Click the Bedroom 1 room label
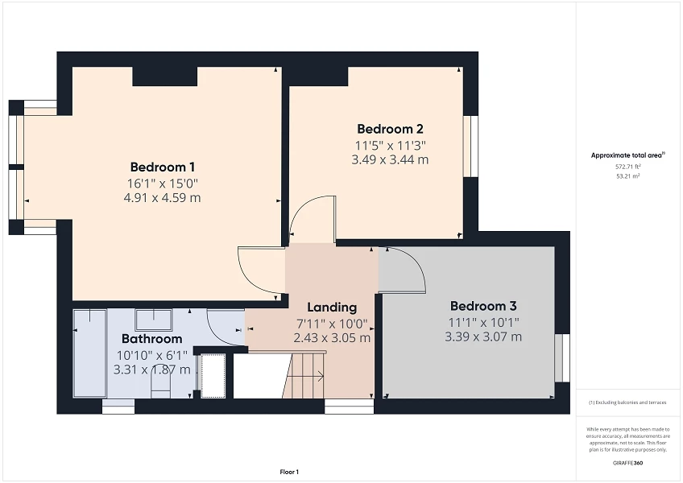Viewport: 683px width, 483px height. tap(163, 167)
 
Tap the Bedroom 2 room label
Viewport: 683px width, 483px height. tap(390, 129)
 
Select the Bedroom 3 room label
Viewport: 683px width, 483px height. tap(482, 306)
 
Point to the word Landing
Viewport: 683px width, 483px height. tap(332, 308)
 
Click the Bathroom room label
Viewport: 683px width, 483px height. tap(151, 339)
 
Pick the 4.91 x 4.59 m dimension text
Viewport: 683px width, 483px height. tap(163, 197)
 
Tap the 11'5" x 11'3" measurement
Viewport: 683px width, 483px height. tap(390, 145)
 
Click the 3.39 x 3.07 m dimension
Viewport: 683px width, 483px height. tap(482, 336)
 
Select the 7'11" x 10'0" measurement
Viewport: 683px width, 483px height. tap(331, 324)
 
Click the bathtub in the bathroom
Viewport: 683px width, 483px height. tap(89, 353)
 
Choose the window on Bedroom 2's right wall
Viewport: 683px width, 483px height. tap(470, 146)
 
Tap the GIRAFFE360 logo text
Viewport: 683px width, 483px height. tap(627, 463)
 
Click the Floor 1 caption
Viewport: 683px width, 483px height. tap(288, 472)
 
